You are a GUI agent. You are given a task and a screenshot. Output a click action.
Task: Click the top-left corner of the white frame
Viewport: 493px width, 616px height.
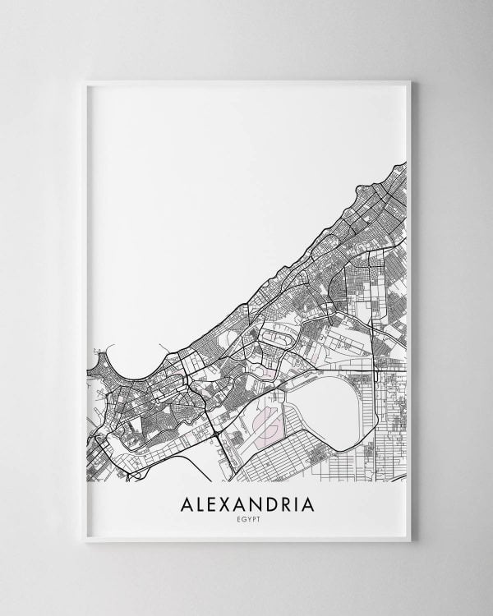point(85,81)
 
